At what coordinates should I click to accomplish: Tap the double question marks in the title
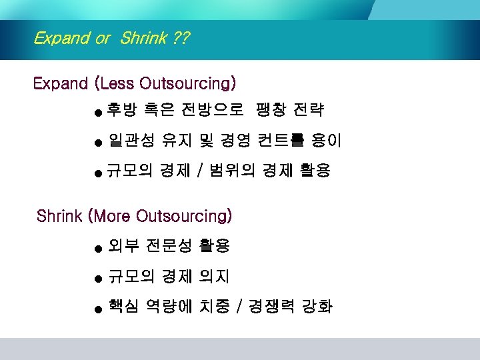(179, 38)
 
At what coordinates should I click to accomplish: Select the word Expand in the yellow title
(61, 38)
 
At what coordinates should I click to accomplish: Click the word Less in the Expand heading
(117, 84)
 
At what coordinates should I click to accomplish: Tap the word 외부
(124, 246)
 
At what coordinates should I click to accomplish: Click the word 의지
(215, 276)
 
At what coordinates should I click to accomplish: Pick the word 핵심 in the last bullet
(124, 307)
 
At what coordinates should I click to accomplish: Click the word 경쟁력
(271, 307)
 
